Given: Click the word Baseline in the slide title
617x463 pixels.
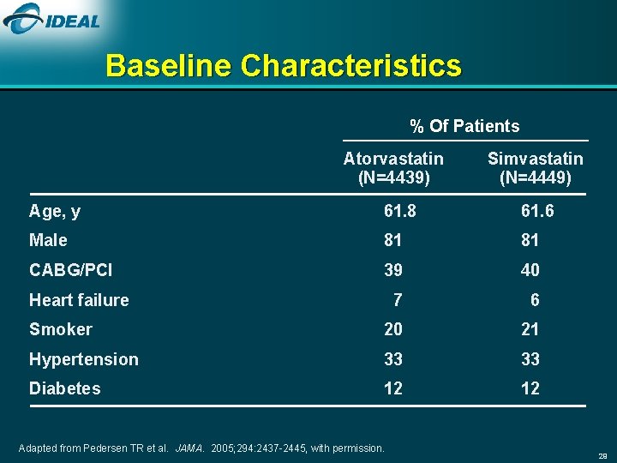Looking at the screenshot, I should [169, 66].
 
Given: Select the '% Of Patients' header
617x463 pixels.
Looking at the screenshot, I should [464, 127].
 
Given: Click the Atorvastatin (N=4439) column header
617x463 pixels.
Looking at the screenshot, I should [393, 168].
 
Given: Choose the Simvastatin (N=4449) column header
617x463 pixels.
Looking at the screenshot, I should [535, 168].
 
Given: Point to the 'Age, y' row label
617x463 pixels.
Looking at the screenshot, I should [55, 211].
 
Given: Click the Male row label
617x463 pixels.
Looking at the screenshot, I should [48, 241].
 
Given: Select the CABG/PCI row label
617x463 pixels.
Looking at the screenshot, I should [70, 270].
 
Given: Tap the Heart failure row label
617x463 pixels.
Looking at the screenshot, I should [79, 300].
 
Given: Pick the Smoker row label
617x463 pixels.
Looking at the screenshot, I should [60, 329].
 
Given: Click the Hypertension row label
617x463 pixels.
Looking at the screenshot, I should [83, 359].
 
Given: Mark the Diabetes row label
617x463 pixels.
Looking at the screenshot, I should [64, 388].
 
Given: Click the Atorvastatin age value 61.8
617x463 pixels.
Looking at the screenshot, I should [393, 211].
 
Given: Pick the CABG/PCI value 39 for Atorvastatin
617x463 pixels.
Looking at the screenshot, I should [393, 270].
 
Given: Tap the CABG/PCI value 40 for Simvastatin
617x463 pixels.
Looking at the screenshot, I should [530, 270].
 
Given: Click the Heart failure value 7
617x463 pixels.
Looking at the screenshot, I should [397, 300].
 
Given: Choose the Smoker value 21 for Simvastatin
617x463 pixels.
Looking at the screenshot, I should [530, 329].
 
